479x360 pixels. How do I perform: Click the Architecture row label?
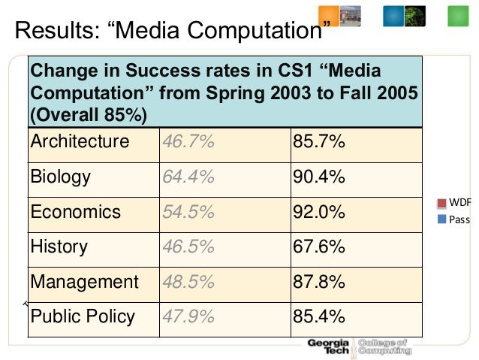coord(80,142)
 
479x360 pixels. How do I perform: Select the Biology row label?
coord(61,177)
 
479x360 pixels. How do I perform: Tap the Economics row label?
coord(75,212)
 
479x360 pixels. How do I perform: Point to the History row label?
coord(59,247)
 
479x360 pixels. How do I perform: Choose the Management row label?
coord(84,282)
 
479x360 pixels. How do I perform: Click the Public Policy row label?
coord(83,316)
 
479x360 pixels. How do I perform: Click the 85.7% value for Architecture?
coord(318,142)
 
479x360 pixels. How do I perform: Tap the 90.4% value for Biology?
coord(318,177)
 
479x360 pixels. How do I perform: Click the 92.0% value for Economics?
coord(318,212)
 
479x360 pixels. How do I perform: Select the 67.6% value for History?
coord(318,247)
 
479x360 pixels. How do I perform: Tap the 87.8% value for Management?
coord(318,282)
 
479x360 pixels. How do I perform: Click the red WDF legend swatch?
coord(442,204)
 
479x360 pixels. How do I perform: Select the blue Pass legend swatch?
coord(442,219)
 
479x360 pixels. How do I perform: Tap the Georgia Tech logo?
coord(328,346)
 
